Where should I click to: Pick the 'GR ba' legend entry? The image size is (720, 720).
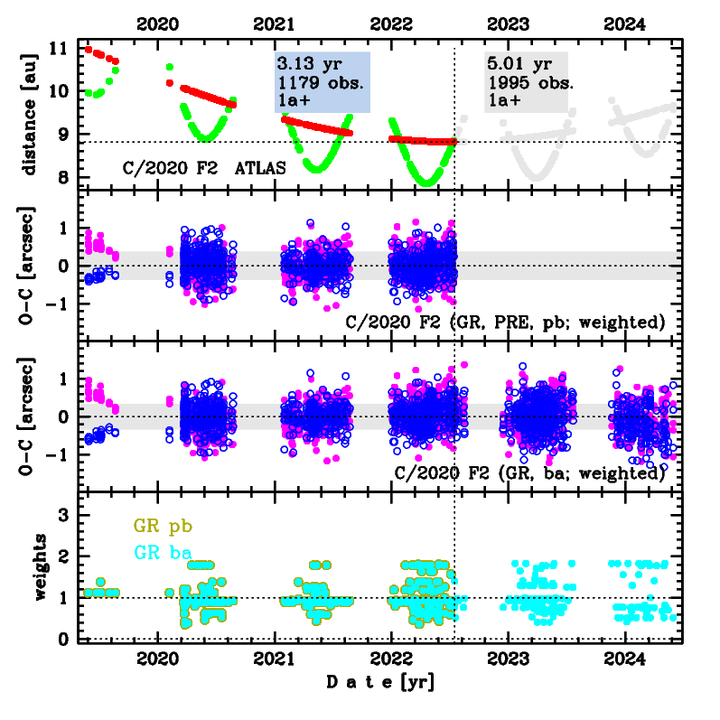(x=163, y=551)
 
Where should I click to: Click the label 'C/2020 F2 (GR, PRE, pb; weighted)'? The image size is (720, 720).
(x=507, y=323)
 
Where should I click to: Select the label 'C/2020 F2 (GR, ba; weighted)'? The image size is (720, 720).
(x=530, y=472)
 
